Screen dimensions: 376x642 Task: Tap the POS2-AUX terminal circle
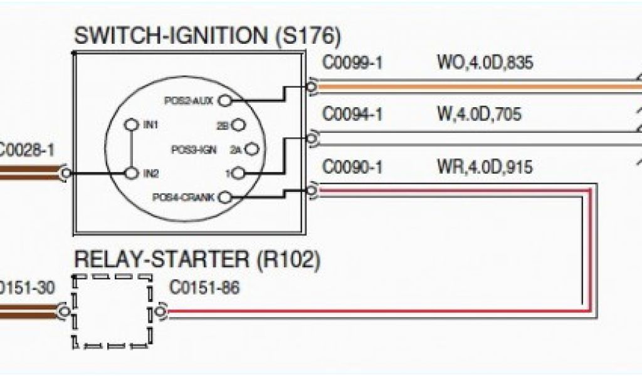227,100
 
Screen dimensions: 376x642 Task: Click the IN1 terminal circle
132,124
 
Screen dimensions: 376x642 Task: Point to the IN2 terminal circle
132,172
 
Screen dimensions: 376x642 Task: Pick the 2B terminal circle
237,125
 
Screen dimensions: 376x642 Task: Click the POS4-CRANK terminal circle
226,197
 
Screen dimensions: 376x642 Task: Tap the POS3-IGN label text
194,150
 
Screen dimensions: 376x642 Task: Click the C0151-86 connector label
204,288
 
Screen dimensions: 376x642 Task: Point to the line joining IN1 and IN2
132,149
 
